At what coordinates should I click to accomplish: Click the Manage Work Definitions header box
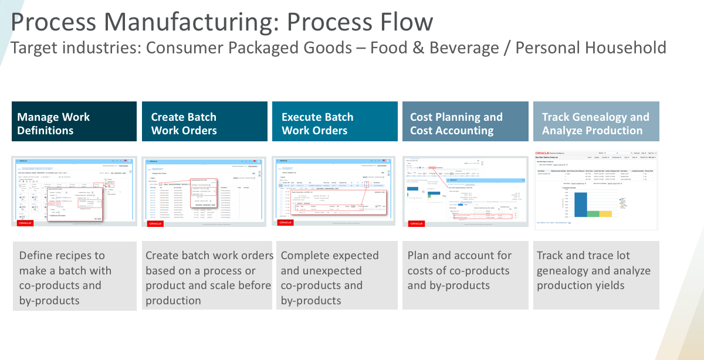pos(74,121)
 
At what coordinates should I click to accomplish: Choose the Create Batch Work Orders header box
pos(204,121)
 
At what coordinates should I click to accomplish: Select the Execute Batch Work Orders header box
pos(334,121)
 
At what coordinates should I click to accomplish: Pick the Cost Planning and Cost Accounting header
pos(465,121)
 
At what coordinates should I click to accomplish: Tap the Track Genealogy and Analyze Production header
pos(595,121)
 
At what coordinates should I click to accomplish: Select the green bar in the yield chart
pos(593,213)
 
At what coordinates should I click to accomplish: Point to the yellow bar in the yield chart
pos(605,213)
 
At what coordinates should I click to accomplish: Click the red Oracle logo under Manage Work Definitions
pos(25,223)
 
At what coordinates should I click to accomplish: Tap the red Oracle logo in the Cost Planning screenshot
pos(417,223)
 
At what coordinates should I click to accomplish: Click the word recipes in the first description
pos(78,256)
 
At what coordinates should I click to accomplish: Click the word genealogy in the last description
pos(566,271)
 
